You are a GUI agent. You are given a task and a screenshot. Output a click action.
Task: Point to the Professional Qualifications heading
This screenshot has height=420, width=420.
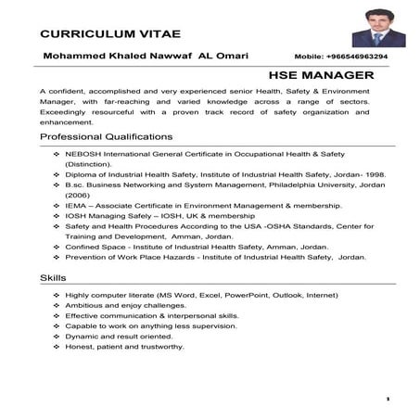(106, 136)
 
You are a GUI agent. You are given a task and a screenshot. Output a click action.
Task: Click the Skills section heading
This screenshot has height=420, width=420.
(54, 278)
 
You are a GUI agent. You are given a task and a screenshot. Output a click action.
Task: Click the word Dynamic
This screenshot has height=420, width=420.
(82, 336)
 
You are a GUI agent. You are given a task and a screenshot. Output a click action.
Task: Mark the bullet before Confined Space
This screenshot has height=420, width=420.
(57, 248)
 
